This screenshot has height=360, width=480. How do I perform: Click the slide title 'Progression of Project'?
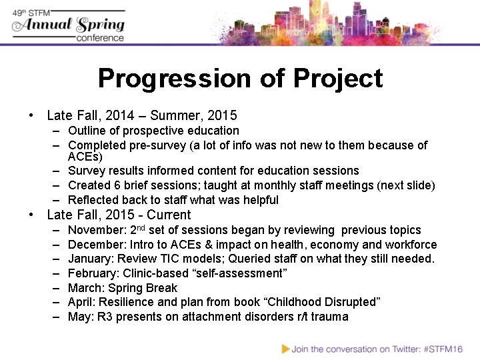(240, 79)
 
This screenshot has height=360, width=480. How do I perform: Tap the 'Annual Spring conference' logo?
(69, 25)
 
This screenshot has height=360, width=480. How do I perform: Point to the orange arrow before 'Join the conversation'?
(286, 348)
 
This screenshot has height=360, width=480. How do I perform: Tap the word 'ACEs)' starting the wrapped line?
(85, 157)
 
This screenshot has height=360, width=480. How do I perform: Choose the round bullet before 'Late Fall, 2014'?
(32, 115)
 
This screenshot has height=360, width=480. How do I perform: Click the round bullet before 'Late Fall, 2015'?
(32, 215)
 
